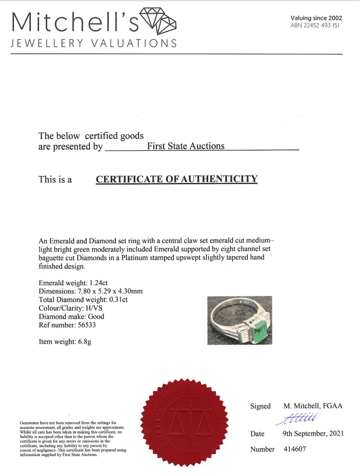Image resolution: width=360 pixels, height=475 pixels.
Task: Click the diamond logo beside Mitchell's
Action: coord(158,21)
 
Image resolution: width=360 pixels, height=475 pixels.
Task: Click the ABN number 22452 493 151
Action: coord(315,26)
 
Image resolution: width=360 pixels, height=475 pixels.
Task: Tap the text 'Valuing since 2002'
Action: coord(316,18)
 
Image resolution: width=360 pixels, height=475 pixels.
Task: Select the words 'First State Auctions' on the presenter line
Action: coord(186,146)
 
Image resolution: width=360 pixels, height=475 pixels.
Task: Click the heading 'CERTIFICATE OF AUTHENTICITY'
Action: coord(176,179)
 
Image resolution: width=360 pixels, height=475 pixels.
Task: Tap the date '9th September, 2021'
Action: coord(313,433)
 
